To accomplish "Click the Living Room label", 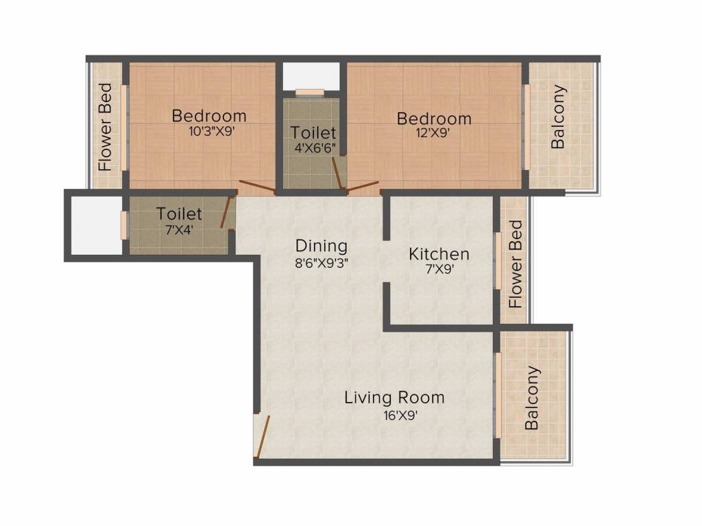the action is click(x=394, y=398).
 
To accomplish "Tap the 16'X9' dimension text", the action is click(x=400, y=416).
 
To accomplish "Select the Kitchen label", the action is click(x=439, y=254).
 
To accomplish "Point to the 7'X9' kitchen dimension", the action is click(x=439, y=269).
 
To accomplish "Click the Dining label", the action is click(x=322, y=246).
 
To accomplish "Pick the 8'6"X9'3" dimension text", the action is click(x=322, y=263).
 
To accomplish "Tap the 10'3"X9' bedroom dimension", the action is click(x=211, y=131).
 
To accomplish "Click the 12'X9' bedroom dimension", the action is click(x=432, y=133).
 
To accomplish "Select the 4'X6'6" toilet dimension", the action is click(x=315, y=148).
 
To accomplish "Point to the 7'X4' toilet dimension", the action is click(x=179, y=230).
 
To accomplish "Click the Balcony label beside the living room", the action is click(x=531, y=398).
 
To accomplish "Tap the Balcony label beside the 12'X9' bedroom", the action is click(x=558, y=116).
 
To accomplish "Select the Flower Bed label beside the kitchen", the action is click(x=516, y=264).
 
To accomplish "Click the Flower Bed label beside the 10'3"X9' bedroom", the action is click(x=105, y=127).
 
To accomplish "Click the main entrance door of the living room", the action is click(x=263, y=437).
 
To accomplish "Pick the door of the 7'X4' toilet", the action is click(x=227, y=212).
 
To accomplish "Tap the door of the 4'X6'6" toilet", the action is click(x=337, y=173).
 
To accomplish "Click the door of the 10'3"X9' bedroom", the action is click(x=258, y=186).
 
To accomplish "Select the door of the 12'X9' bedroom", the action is click(x=363, y=186).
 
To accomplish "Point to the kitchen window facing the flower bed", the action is click(x=498, y=261).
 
